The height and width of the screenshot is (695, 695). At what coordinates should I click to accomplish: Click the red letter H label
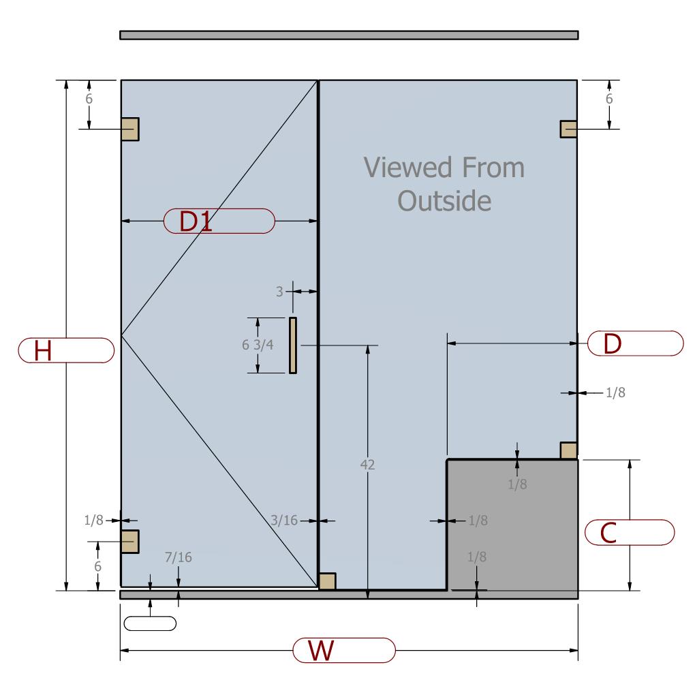click(x=43, y=350)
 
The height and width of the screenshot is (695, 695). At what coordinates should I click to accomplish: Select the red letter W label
click(x=320, y=651)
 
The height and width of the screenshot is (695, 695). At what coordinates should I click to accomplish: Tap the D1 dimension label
click(x=196, y=221)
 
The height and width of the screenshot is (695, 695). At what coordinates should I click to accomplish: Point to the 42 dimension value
click(x=368, y=465)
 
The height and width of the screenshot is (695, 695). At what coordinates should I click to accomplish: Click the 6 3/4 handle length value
click(x=258, y=345)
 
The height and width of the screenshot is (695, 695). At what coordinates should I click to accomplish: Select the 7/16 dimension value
click(x=179, y=557)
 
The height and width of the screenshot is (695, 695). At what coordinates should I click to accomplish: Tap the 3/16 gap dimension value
click(x=284, y=521)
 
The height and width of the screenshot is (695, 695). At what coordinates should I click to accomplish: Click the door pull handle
click(x=293, y=345)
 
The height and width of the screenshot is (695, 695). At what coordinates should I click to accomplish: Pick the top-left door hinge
click(x=130, y=129)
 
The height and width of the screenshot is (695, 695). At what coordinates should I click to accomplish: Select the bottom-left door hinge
click(x=130, y=542)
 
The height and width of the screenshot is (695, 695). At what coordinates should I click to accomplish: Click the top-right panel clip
click(x=568, y=129)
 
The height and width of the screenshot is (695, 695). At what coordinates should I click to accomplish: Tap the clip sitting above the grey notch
click(x=568, y=450)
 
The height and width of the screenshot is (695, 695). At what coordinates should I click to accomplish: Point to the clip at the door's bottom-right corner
click(x=327, y=581)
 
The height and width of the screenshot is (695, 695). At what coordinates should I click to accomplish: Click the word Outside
click(x=444, y=201)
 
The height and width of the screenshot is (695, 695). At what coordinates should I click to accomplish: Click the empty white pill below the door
click(x=150, y=623)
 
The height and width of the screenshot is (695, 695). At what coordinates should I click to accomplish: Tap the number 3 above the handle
click(x=279, y=292)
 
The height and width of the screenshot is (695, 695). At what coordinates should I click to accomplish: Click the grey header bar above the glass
click(x=349, y=35)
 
